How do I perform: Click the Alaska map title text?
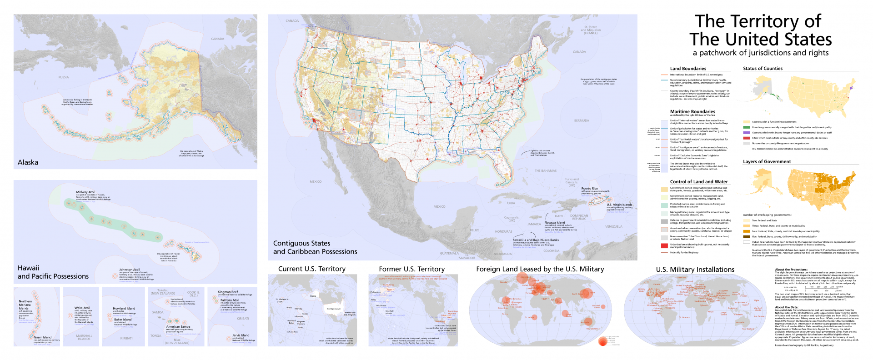[x=28, y=162]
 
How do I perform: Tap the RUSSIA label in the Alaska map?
[x=64, y=77]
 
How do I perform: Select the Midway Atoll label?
[x=85, y=192]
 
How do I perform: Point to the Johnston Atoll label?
[x=130, y=270]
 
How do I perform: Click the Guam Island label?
[x=43, y=337]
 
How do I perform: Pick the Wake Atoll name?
[x=82, y=308]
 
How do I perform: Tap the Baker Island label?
[x=123, y=320]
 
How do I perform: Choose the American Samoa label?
[x=178, y=326]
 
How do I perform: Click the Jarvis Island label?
[x=241, y=335]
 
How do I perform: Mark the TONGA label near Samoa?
[x=156, y=336]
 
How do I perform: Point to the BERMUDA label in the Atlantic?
[x=582, y=121]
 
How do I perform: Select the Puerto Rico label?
[x=589, y=189]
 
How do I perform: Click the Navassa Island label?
[x=555, y=223]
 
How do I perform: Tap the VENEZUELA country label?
[x=614, y=226]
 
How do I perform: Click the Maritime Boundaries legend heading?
[x=692, y=111]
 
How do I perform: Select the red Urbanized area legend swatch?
[x=664, y=245]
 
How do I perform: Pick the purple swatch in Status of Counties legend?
[x=746, y=133]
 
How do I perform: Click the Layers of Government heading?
[x=767, y=161]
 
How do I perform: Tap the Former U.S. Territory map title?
[x=411, y=269]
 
